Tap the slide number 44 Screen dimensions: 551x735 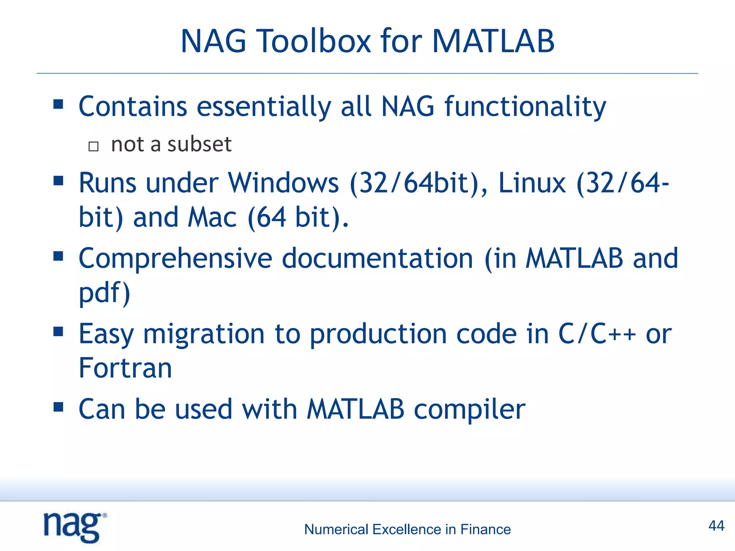click(716, 526)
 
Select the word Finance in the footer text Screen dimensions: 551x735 click(485, 529)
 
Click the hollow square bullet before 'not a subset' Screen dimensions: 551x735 click(93, 146)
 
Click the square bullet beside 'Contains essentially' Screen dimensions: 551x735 click(58, 104)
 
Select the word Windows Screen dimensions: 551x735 click(284, 183)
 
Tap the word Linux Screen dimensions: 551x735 click(532, 183)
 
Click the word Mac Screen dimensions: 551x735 click(212, 217)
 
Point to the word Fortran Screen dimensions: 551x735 click(125, 368)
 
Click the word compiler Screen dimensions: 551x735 click(469, 410)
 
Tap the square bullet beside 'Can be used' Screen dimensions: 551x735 click(58, 407)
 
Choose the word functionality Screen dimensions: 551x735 click(525, 107)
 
